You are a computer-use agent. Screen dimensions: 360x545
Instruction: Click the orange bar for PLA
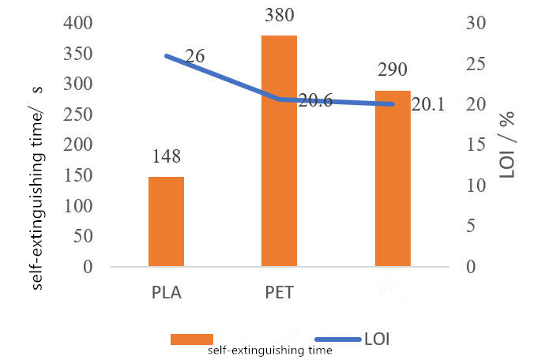[x=166, y=222]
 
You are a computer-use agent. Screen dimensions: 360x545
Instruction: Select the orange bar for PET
[x=279, y=151]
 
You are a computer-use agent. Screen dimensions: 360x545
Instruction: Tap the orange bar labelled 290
[x=393, y=179]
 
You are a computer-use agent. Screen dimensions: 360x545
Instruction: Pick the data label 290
[x=393, y=70]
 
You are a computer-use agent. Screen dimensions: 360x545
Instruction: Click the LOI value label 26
[x=194, y=56]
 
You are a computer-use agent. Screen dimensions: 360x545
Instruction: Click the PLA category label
[x=166, y=294]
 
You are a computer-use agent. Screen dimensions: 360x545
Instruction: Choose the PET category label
[x=279, y=294]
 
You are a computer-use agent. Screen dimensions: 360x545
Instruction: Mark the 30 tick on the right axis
[x=471, y=24]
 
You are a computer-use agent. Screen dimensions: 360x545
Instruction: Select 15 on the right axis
[x=471, y=145]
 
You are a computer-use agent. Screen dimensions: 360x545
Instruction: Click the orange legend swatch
[x=192, y=339]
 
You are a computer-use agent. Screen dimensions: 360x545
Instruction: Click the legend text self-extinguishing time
[x=270, y=350]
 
